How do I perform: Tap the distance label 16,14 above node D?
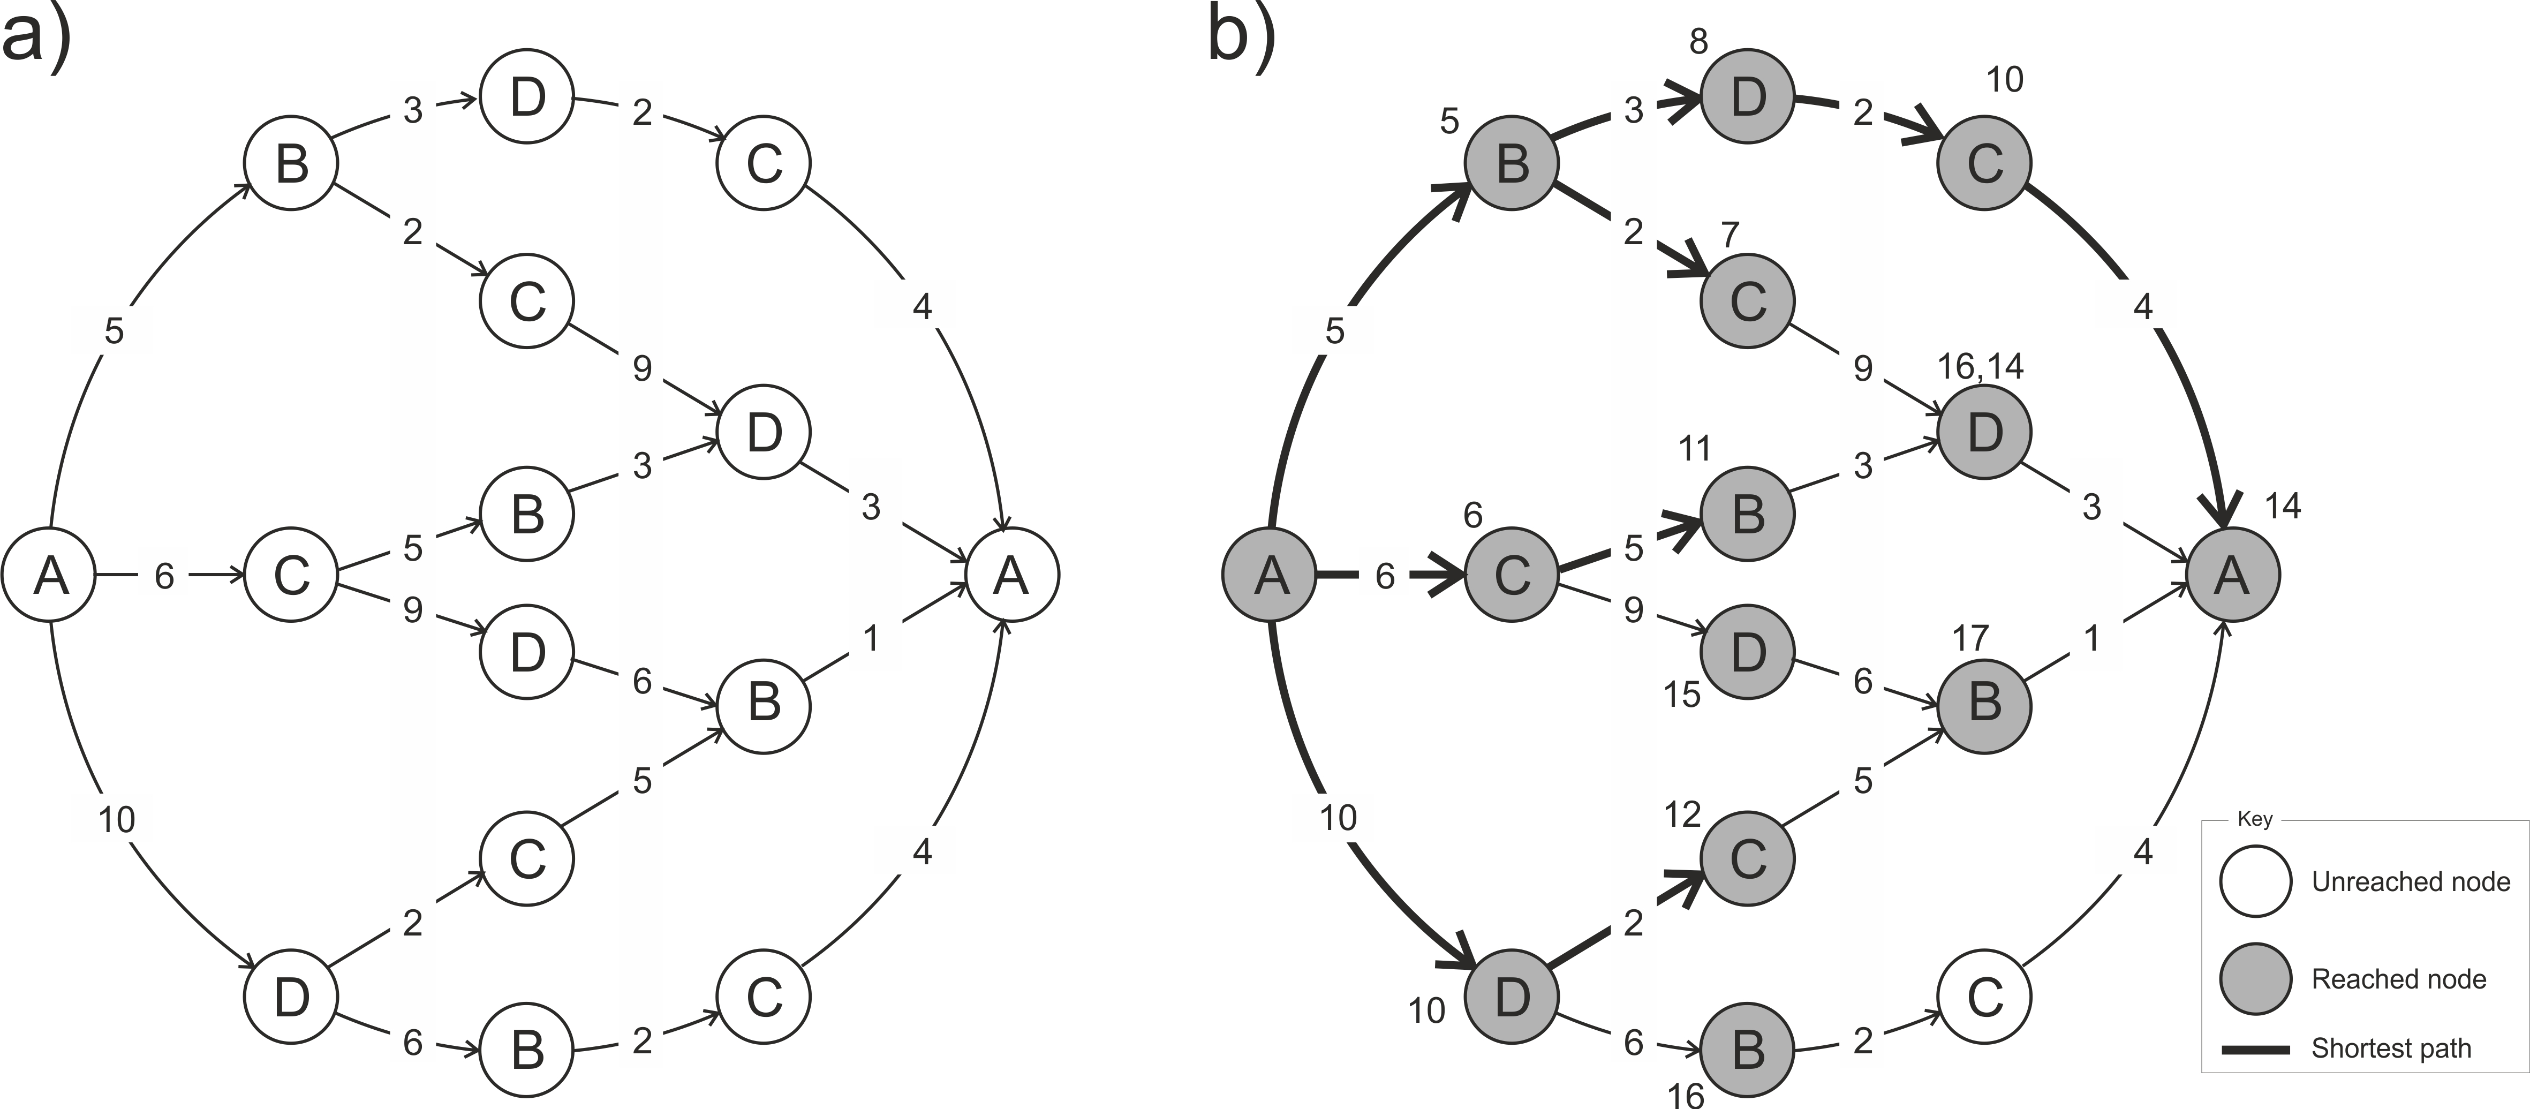click(x=1980, y=366)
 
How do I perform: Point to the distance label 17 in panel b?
click(x=1969, y=638)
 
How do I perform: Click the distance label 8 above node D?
click(x=1698, y=41)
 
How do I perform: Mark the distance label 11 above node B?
click(x=1694, y=449)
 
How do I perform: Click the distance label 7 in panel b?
click(x=1730, y=235)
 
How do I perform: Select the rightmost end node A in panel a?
click(x=1011, y=575)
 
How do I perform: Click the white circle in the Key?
click(x=2256, y=880)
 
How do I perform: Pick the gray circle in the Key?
click(x=2256, y=978)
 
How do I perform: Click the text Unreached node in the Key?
click(x=2410, y=881)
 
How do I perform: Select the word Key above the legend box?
click(x=2254, y=819)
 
